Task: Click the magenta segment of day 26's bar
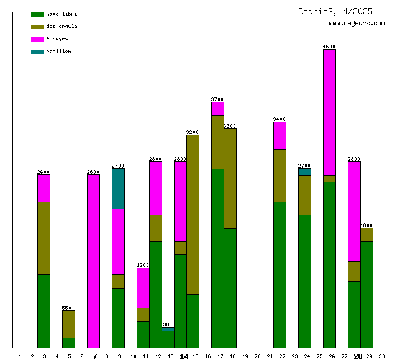coord(329,112)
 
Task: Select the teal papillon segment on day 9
coord(118,189)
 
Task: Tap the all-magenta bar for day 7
coord(93,261)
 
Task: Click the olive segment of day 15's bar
coord(193,214)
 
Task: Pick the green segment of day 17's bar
coord(217,258)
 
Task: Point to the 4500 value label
coord(329,47)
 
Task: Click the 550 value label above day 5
coord(66,308)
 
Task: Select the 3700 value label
coord(217,99)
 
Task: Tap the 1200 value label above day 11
coord(143,265)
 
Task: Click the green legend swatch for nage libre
coord(37,14)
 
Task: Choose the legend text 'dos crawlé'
coord(61,26)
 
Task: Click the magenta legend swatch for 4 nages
coord(37,39)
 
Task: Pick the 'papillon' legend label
coord(58,51)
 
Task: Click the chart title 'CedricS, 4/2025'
coord(335,11)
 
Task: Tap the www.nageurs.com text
coord(357,24)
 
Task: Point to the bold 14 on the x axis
coord(184,356)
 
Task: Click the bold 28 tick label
coord(358,356)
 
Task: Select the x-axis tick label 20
coord(257,356)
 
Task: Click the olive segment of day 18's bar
coord(230,178)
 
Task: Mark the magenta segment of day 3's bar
coord(43,188)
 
